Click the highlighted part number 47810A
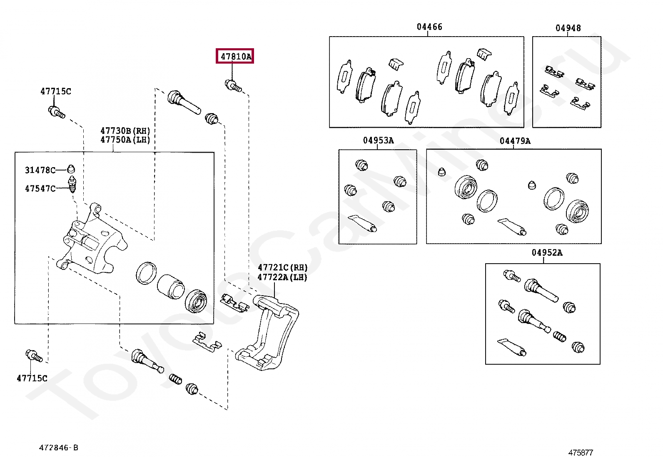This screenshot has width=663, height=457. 235,56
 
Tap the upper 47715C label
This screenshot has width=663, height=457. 56,91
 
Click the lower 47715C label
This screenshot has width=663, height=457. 32,378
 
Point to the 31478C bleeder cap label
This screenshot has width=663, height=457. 40,170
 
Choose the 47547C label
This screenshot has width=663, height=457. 40,188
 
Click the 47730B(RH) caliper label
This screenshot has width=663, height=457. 125,131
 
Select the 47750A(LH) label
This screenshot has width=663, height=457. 125,140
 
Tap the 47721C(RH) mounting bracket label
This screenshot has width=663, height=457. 282,267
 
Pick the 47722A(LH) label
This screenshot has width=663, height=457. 282,277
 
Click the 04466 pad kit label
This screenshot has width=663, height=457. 429,27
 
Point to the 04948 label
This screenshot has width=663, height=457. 568,28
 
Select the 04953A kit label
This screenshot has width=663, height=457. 378,141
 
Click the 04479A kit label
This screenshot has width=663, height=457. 515,141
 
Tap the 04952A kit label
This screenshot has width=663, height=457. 546,252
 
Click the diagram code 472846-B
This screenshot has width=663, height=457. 58,448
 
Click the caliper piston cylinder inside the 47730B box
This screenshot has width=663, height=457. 170,286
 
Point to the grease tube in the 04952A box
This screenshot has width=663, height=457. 512,347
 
